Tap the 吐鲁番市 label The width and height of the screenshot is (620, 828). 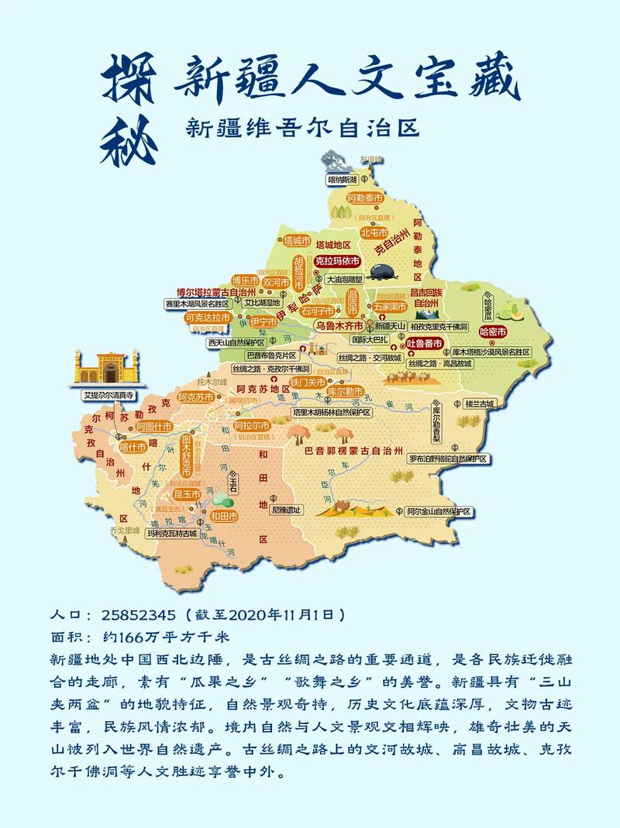[x=425, y=343]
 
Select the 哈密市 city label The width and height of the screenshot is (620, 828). [x=493, y=332]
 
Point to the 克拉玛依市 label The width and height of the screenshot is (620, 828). [x=337, y=261]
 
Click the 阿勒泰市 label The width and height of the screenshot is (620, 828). [x=365, y=199]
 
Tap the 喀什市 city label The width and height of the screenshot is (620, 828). [x=133, y=447]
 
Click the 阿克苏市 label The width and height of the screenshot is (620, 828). [x=194, y=397]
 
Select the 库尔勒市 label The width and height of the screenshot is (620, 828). [x=344, y=392]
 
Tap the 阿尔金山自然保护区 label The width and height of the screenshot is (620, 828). [x=439, y=512]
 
